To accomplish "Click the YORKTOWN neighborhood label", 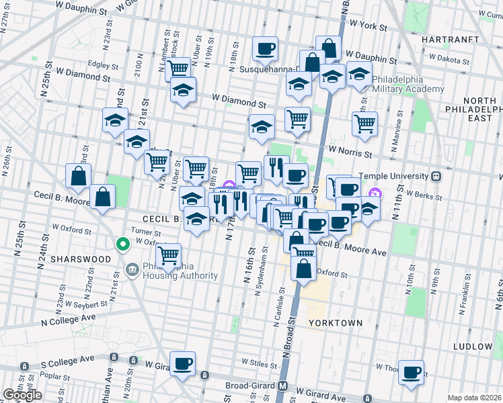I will pyautogui.click(x=336, y=323).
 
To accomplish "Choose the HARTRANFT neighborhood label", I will pyautogui.click(x=449, y=40).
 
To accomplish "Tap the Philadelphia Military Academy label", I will pyautogui.click(x=408, y=84).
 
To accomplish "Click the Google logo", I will pyautogui.click(x=22, y=395).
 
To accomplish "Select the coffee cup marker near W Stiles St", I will pyautogui.click(x=182, y=364).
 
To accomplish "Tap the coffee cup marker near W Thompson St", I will pyautogui.click(x=411, y=371).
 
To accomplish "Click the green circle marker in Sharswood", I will pyautogui.click(x=122, y=244).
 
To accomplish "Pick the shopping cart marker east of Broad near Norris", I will pyautogui.click(x=364, y=123).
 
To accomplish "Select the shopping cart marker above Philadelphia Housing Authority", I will pyautogui.click(x=167, y=255).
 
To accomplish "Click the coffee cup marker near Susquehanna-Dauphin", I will pyautogui.click(x=264, y=48).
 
